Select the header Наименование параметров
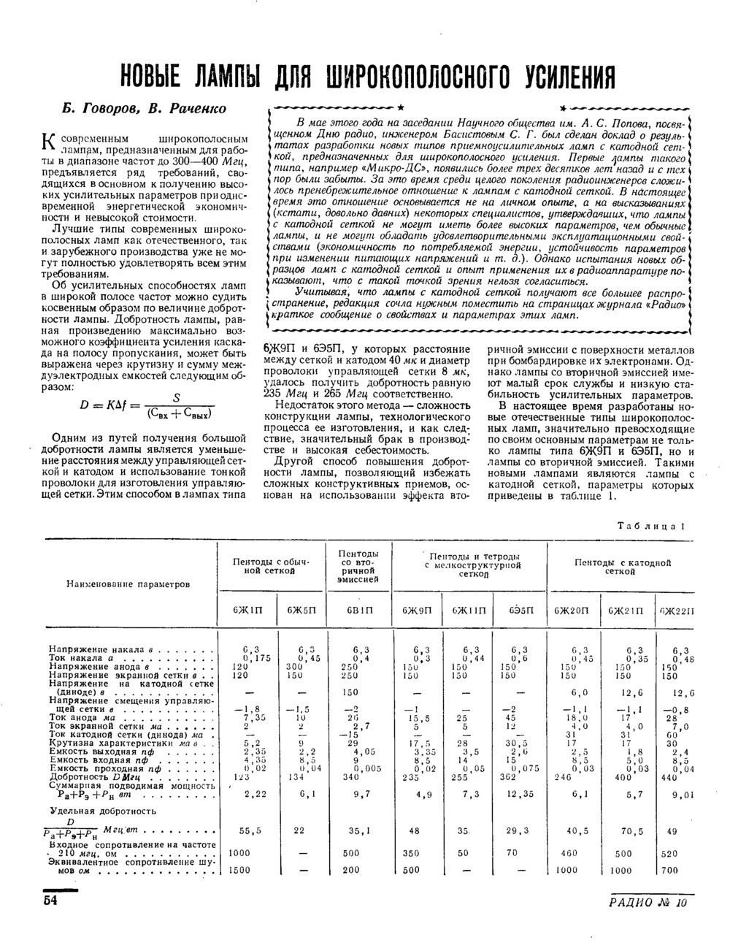(128, 584)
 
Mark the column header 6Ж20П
(570, 610)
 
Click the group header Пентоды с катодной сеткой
(622, 567)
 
